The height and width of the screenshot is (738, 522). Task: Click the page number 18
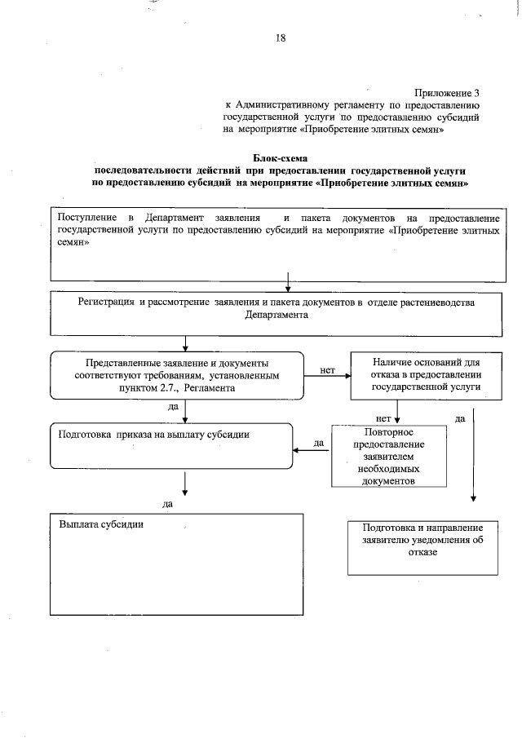(280, 37)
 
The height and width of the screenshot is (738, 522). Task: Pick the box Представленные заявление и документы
(177, 376)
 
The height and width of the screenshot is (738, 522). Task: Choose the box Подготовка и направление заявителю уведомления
(422, 546)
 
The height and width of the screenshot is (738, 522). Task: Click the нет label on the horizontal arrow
(328, 369)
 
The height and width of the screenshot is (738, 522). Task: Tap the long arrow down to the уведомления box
(474, 457)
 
